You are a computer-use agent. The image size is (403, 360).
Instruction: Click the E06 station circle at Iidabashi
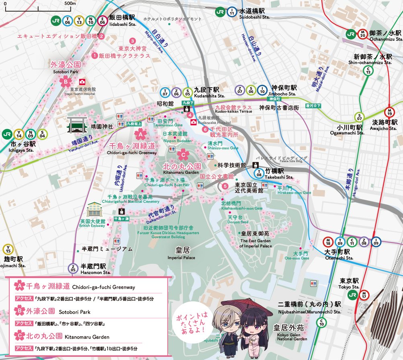click(x=102, y=21)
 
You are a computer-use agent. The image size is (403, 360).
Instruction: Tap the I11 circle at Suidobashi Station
click(x=232, y=12)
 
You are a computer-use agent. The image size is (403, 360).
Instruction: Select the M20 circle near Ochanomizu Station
click(x=362, y=34)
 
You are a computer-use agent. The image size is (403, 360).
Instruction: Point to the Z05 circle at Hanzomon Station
click(x=73, y=268)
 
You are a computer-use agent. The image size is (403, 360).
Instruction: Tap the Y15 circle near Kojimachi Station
click(x=7, y=249)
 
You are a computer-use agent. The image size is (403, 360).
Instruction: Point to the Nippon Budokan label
click(x=175, y=137)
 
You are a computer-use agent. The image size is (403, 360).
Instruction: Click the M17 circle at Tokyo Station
click(x=364, y=295)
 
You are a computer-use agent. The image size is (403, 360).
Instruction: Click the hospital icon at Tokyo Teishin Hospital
click(x=82, y=81)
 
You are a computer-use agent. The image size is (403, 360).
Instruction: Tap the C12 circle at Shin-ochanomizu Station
click(x=367, y=71)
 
